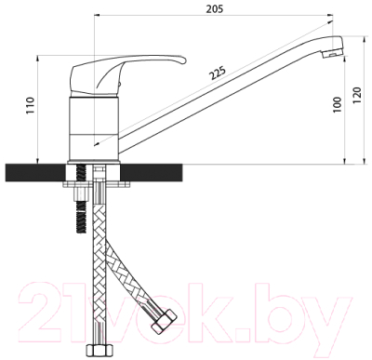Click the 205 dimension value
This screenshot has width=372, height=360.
point(215,8)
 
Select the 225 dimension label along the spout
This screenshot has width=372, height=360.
point(218,73)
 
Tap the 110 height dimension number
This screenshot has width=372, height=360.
point(30,105)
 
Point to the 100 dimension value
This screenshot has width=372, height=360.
point(338,105)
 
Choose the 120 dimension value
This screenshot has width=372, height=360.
point(357,96)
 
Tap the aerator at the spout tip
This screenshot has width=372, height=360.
point(333,55)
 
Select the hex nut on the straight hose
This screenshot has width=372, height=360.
point(99,351)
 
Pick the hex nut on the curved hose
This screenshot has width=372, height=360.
point(164,321)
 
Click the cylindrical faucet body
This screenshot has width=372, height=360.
point(94,129)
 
